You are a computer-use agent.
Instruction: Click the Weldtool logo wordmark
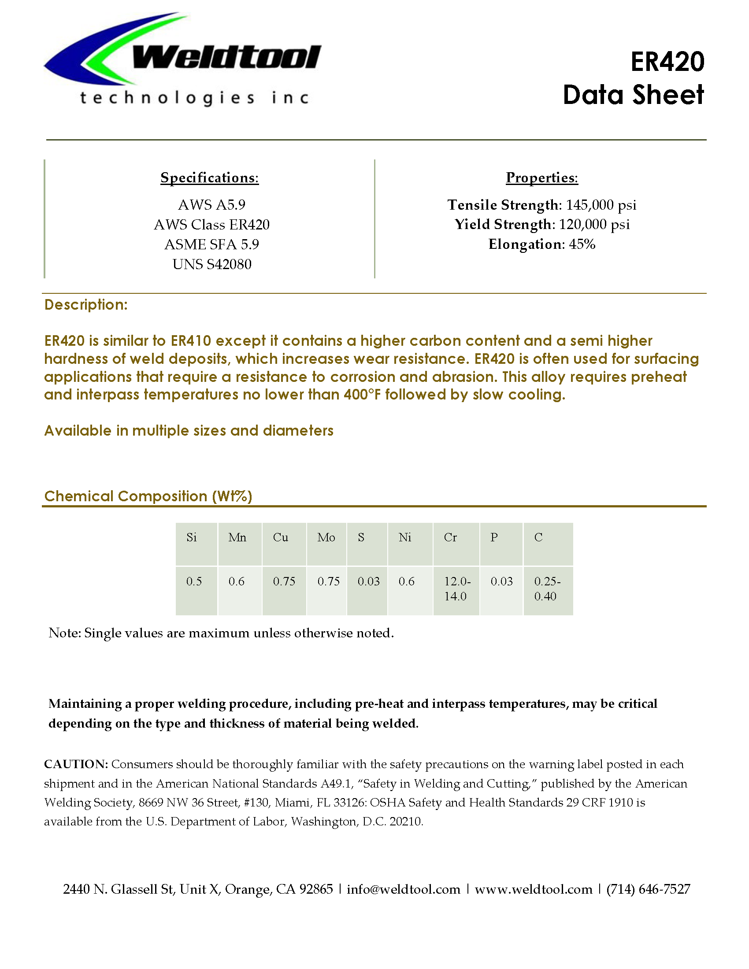click(x=226, y=58)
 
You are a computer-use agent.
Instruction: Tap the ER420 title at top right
click(x=667, y=62)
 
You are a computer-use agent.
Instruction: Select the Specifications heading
click(x=209, y=178)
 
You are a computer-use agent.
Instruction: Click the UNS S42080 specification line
click(x=211, y=264)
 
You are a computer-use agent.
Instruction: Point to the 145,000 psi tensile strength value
click(x=601, y=205)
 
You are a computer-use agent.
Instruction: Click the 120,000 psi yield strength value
click(x=594, y=225)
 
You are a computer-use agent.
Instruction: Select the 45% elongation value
click(x=582, y=244)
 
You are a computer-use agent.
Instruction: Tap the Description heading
click(x=86, y=305)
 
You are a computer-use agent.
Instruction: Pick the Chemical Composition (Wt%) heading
click(x=148, y=496)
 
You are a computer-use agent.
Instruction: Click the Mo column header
click(x=326, y=538)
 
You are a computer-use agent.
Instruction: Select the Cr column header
click(x=450, y=538)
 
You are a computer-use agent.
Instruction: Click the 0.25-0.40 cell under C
click(x=547, y=589)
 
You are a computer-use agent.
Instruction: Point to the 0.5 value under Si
click(x=194, y=582)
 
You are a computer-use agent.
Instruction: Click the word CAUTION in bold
click(x=76, y=764)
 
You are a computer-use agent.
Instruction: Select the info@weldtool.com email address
click(x=403, y=889)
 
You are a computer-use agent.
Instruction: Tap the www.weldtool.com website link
click(x=534, y=889)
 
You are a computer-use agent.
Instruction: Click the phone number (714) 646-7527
click(x=648, y=889)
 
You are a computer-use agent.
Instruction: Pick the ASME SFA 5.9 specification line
click(x=211, y=244)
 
